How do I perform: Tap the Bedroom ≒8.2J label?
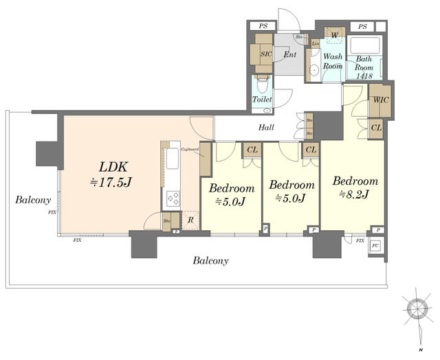pos(355,188)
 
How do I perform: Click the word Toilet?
pos(262,100)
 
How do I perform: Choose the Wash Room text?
pos(333,61)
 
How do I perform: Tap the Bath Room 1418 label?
pos(364,67)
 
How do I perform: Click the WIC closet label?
pos(380,100)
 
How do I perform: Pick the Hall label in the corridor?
pos(267,127)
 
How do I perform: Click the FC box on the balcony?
pos(376,246)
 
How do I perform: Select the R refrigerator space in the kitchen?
pos(190,220)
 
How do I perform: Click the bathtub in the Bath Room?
pos(363,46)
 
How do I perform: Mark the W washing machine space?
pos(334,34)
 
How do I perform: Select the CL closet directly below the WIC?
pos(377,128)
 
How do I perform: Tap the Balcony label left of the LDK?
pos(33,200)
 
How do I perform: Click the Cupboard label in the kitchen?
pos(190,148)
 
